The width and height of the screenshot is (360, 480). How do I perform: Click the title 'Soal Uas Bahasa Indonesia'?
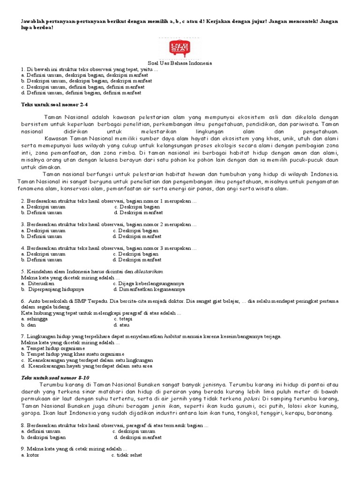[180, 63]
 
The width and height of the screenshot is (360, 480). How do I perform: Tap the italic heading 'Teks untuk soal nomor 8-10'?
[55, 377]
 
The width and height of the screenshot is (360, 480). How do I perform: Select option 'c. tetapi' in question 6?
[123, 319]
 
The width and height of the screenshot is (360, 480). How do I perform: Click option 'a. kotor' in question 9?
[30, 455]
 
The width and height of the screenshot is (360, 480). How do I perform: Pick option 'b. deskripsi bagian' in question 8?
[44, 437]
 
